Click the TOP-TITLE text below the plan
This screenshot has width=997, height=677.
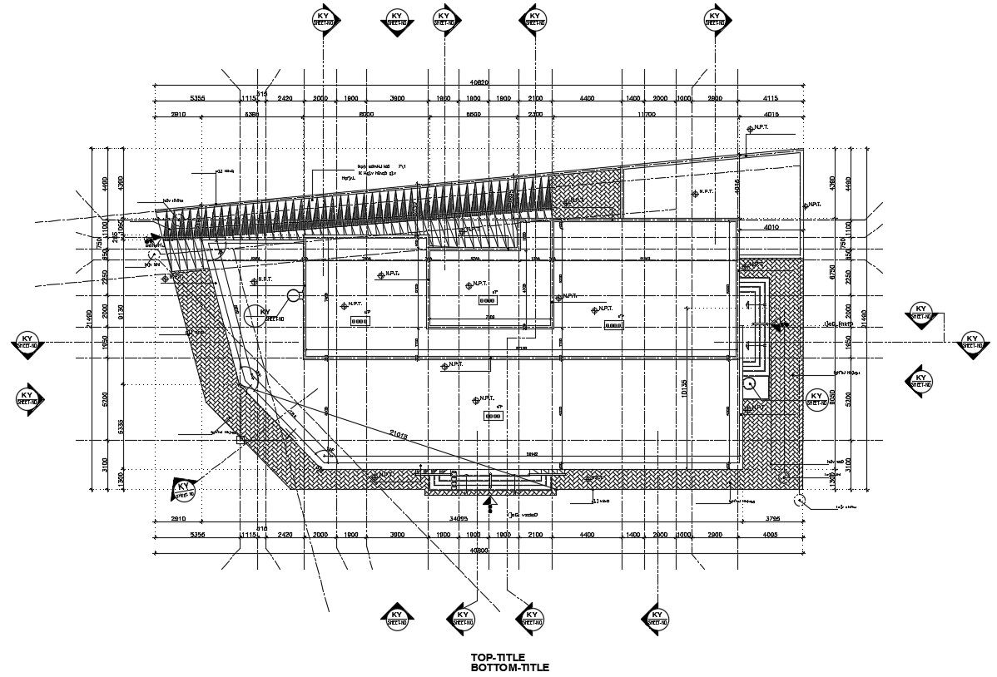pyautogui.click(x=498, y=658)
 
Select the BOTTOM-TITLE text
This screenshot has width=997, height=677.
pyautogui.click(x=509, y=668)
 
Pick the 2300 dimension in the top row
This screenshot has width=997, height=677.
pyautogui.click(x=535, y=114)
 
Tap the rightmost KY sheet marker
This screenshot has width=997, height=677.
pyautogui.click(x=972, y=342)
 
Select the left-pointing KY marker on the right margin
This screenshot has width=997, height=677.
pyautogui.click(x=919, y=379)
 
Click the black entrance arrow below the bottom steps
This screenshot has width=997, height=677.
pyautogui.click(x=490, y=502)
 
